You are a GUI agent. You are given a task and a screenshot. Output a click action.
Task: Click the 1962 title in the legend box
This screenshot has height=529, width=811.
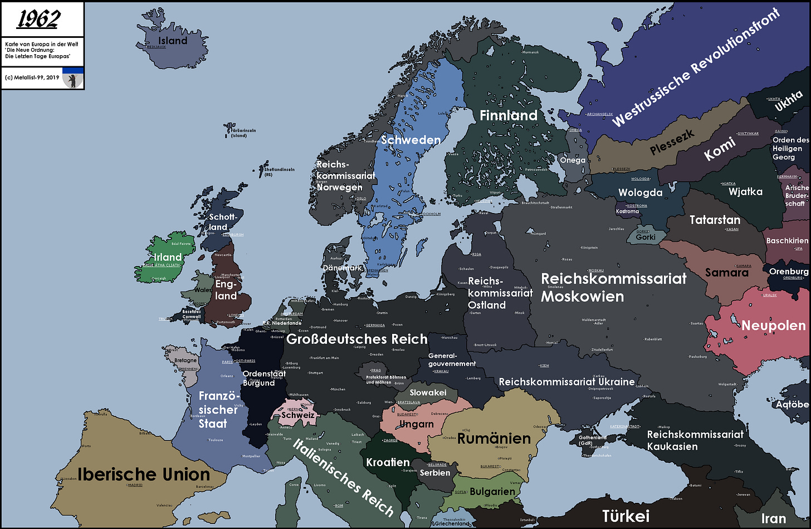pyautogui.click(x=38, y=20)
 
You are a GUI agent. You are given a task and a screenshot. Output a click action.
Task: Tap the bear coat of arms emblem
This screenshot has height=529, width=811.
pyautogui.click(x=72, y=79)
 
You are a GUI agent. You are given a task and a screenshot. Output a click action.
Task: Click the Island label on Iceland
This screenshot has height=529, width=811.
pyautogui.click(x=173, y=41)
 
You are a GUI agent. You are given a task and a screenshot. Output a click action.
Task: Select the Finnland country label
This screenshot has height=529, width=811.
pyautogui.click(x=509, y=115)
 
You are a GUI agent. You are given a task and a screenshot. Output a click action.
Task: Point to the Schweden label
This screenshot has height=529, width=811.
pyautogui.click(x=411, y=140)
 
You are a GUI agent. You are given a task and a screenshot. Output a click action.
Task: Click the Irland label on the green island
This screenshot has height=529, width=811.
pyautogui.click(x=168, y=257)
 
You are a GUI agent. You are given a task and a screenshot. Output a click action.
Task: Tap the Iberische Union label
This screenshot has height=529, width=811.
pyautogui.click(x=144, y=474)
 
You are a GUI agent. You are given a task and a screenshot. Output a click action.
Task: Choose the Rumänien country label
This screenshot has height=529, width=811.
pyautogui.click(x=494, y=439)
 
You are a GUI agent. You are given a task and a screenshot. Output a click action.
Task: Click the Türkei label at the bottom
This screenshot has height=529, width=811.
pyautogui.click(x=626, y=516)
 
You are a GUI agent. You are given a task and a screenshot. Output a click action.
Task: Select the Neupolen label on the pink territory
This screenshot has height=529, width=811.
pyautogui.click(x=773, y=326)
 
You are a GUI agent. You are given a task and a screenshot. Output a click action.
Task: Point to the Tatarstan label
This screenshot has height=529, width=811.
pyautogui.click(x=715, y=220)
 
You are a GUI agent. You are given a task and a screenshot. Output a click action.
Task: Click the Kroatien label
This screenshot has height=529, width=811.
pyautogui.click(x=388, y=462)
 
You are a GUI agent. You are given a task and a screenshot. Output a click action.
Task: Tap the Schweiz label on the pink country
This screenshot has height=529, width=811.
pyautogui.click(x=298, y=415)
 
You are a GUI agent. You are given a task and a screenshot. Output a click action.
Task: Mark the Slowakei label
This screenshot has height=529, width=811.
pyautogui.click(x=428, y=392)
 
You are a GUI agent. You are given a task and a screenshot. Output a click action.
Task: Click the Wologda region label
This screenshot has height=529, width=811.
pyautogui.click(x=641, y=193)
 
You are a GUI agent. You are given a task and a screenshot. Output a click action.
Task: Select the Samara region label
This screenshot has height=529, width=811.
pyautogui.click(x=727, y=273)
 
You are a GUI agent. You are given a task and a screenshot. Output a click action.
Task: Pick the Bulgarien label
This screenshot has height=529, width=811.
pyautogui.click(x=492, y=492)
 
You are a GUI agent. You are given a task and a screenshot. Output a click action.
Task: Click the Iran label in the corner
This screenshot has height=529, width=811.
pyautogui.click(x=774, y=519)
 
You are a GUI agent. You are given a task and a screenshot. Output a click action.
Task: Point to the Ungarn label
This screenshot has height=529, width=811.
pyautogui.click(x=416, y=424)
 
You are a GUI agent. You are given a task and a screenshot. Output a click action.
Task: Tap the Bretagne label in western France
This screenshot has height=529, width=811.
pyautogui.click(x=185, y=360)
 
